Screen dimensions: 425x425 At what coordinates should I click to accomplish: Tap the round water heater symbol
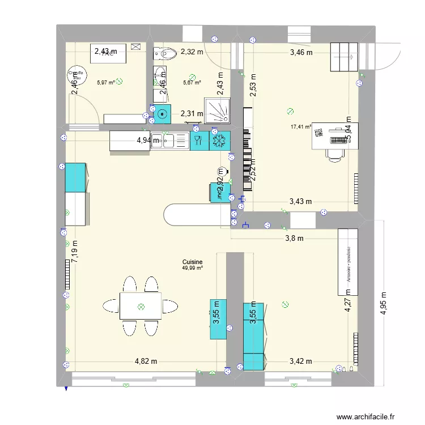[x=74, y=74]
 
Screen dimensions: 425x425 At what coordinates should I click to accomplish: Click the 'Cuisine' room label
[x=192, y=262]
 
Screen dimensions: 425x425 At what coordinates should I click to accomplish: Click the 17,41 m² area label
[x=300, y=127]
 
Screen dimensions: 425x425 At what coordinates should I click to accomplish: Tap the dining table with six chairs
[x=140, y=306]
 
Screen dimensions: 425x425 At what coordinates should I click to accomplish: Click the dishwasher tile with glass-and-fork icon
[x=198, y=141]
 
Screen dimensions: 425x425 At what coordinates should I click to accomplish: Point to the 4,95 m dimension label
[x=384, y=304]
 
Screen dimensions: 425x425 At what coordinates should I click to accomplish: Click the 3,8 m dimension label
[x=294, y=239]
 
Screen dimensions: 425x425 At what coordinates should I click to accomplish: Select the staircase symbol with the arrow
[x=345, y=56]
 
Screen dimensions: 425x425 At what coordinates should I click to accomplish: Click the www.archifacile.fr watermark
[x=367, y=416]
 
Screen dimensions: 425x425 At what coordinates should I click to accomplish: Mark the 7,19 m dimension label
[x=75, y=249]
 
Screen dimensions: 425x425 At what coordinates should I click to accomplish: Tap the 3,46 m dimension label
[x=301, y=53]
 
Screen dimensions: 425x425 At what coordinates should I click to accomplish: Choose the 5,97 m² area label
[x=105, y=82]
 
